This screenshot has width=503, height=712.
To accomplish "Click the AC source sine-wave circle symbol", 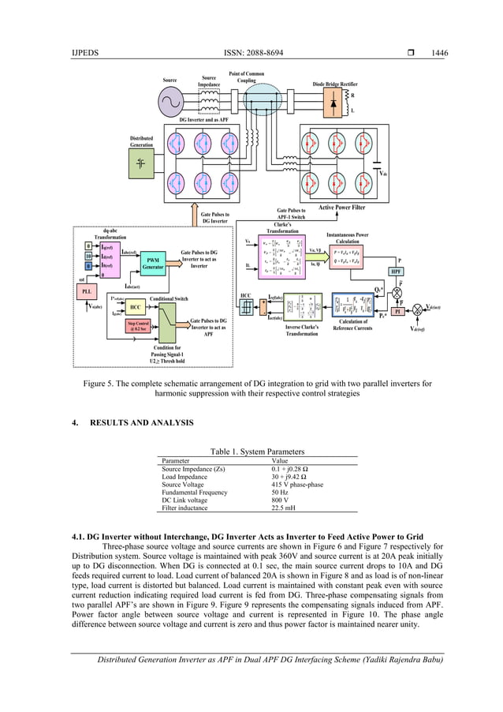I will [170, 101].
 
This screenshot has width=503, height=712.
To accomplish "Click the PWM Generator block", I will [153, 262].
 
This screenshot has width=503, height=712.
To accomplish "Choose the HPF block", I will [397, 271].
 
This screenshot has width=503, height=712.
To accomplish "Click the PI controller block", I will [398, 311].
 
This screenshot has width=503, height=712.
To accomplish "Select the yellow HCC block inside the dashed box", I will [136, 306].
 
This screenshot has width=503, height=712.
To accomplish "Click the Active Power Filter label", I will [341, 208].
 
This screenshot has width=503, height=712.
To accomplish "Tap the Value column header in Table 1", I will [280, 460].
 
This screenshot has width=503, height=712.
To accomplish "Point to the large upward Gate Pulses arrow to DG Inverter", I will [193, 212].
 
